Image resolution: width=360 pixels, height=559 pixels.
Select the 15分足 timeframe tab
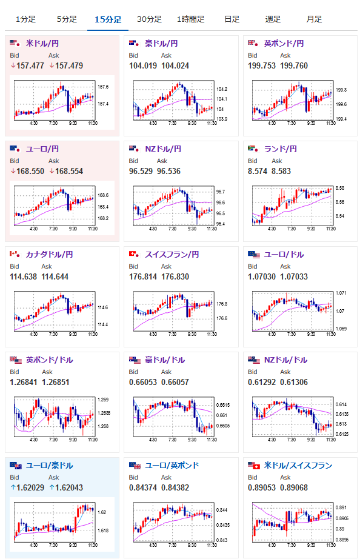click(x=108, y=19)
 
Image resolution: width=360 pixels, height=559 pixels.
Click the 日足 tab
click(x=232, y=19)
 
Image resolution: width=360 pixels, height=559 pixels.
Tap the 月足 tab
click(x=314, y=19)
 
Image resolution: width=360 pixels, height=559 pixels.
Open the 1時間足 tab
click(x=191, y=19)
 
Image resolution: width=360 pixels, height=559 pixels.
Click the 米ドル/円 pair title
click(x=42, y=44)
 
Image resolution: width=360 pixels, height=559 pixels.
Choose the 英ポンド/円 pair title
click(x=284, y=44)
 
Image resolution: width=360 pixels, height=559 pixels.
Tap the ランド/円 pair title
click(x=280, y=149)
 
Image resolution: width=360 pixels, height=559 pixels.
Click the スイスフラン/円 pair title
click(x=172, y=255)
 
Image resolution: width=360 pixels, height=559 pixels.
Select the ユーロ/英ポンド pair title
click(x=172, y=466)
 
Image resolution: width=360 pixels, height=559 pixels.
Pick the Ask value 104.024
click(x=175, y=65)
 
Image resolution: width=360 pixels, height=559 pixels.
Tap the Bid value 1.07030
click(x=262, y=276)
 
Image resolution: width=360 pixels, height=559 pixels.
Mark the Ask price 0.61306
click(x=294, y=382)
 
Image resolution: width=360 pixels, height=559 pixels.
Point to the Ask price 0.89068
click(x=294, y=487)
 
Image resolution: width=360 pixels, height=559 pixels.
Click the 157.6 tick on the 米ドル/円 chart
click(x=103, y=87)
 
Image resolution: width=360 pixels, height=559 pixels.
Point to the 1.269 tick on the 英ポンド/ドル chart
click(x=103, y=400)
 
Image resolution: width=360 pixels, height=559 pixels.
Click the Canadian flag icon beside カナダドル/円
click(x=15, y=254)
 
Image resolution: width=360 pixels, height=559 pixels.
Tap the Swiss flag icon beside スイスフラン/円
click(x=134, y=254)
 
